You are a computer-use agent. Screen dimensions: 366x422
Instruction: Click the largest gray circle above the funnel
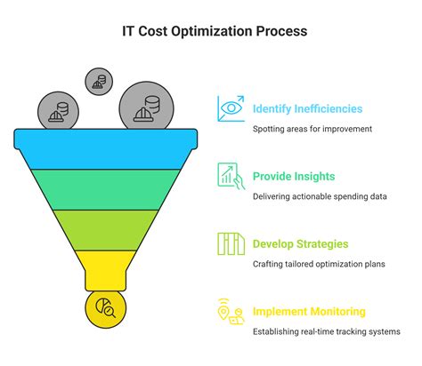pyautogui.click(x=145, y=107)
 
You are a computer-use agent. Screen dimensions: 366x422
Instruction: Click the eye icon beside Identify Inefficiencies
pyautogui.click(x=231, y=109)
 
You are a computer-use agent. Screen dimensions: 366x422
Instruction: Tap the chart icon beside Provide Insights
pyautogui.click(x=231, y=176)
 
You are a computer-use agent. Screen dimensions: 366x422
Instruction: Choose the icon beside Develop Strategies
pyautogui.click(x=231, y=243)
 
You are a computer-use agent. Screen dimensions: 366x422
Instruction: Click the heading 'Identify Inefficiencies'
pyautogui.click(x=307, y=109)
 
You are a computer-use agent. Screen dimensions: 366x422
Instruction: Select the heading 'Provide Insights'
pyautogui.click(x=294, y=176)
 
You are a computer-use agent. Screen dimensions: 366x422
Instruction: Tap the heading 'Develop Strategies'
pyautogui.click(x=300, y=243)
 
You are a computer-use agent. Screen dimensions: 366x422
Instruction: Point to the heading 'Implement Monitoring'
pyautogui.click(x=308, y=312)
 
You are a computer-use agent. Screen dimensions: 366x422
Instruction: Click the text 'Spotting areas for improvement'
pyautogui.click(x=312, y=129)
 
